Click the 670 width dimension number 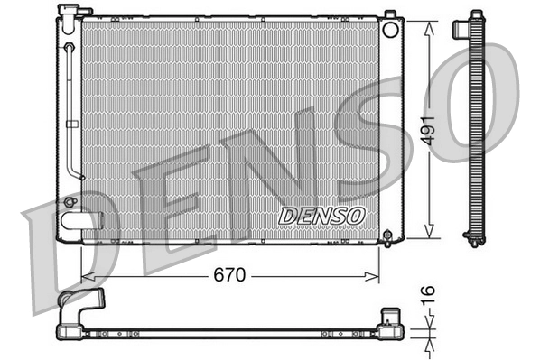pyautogui.click(x=230, y=275)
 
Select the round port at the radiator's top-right pyautogui.click(x=390, y=29)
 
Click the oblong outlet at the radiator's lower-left pyautogui.click(x=77, y=220)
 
